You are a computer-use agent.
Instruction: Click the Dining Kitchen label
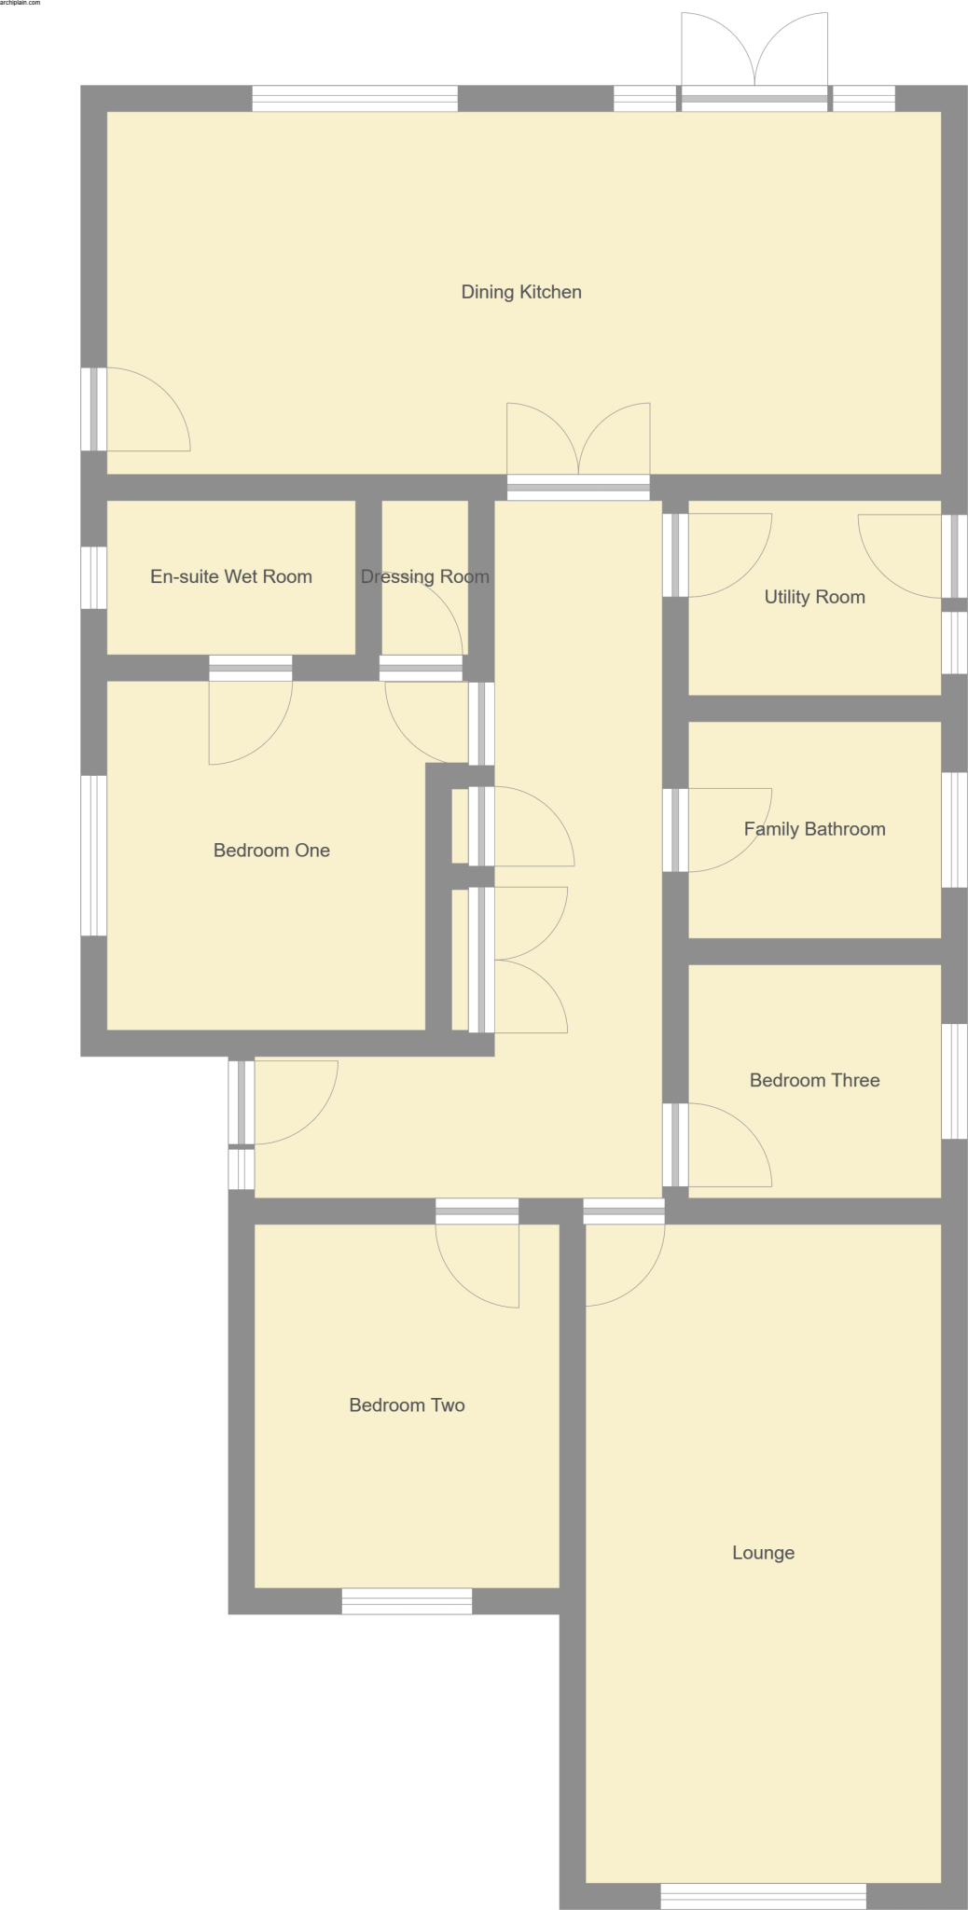click(521, 292)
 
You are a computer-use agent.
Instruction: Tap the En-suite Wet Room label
click(231, 576)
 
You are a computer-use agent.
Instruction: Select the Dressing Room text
click(425, 576)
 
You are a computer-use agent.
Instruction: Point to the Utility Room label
click(814, 597)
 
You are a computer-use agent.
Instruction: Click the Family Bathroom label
click(814, 829)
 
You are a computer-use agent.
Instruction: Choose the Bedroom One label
click(271, 850)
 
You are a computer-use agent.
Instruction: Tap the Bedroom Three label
click(814, 1080)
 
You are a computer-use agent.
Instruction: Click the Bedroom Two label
click(407, 1405)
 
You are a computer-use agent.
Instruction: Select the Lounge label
click(763, 1553)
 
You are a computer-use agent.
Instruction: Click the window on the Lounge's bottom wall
click(763, 1895)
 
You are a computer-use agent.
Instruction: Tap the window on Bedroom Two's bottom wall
click(407, 1600)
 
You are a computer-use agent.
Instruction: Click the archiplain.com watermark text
click(21, 4)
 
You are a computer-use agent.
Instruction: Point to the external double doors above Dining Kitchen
click(754, 56)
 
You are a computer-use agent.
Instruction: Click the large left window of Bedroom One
click(93, 855)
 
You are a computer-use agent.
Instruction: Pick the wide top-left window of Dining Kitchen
click(354, 99)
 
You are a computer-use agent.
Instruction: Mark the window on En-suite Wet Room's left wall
click(93, 577)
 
